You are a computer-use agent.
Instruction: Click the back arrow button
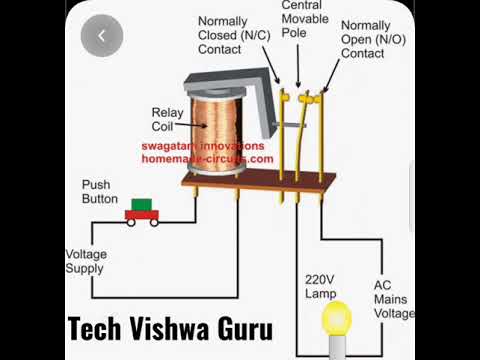pos(103,36)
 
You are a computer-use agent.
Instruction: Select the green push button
pos(142,204)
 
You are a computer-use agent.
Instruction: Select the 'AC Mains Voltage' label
pos(393,298)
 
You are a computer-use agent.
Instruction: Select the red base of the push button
pos(142,216)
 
